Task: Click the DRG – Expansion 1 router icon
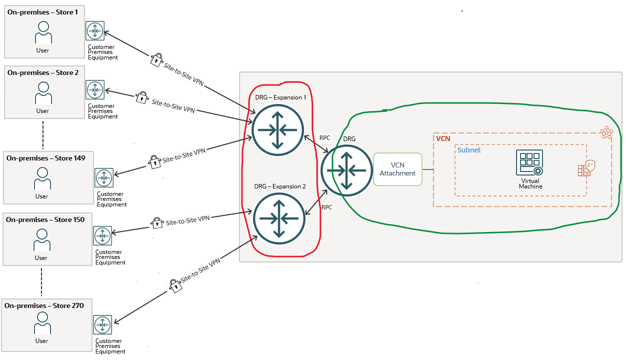click(277, 130)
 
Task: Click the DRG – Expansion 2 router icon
click(278, 218)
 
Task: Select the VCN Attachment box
click(397, 169)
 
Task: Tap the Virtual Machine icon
click(529, 163)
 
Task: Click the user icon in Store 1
click(43, 34)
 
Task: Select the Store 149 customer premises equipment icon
click(104, 178)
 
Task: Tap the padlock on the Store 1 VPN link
click(155, 60)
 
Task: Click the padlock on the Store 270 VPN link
click(174, 285)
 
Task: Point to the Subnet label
click(469, 150)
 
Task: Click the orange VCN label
click(443, 138)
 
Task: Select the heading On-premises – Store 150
click(45, 219)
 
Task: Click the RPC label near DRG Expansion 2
click(327, 207)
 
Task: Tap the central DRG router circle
click(346, 170)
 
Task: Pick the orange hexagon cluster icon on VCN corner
click(606, 132)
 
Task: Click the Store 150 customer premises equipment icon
click(102, 235)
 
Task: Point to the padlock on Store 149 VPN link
click(154, 161)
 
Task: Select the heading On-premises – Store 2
click(43, 72)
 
